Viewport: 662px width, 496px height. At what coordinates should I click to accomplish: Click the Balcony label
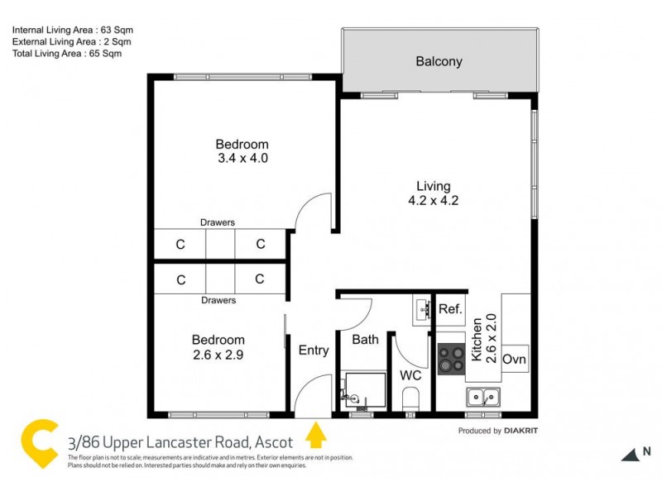coord(439,61)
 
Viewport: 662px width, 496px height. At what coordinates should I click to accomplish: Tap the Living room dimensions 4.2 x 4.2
coord(433,200)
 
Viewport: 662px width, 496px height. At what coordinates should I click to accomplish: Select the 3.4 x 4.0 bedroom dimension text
coord(242,157)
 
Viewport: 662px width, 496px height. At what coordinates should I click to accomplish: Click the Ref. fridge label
coord(449,310)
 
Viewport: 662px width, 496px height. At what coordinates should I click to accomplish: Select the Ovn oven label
coord(514,360)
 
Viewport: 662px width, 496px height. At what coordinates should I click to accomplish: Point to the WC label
coord(411,375)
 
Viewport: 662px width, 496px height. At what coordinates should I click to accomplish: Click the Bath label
coord(365,339)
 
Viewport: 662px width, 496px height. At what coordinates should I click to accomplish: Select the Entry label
coord(313,351)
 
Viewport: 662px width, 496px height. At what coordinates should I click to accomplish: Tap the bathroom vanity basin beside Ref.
coord(421,309)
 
